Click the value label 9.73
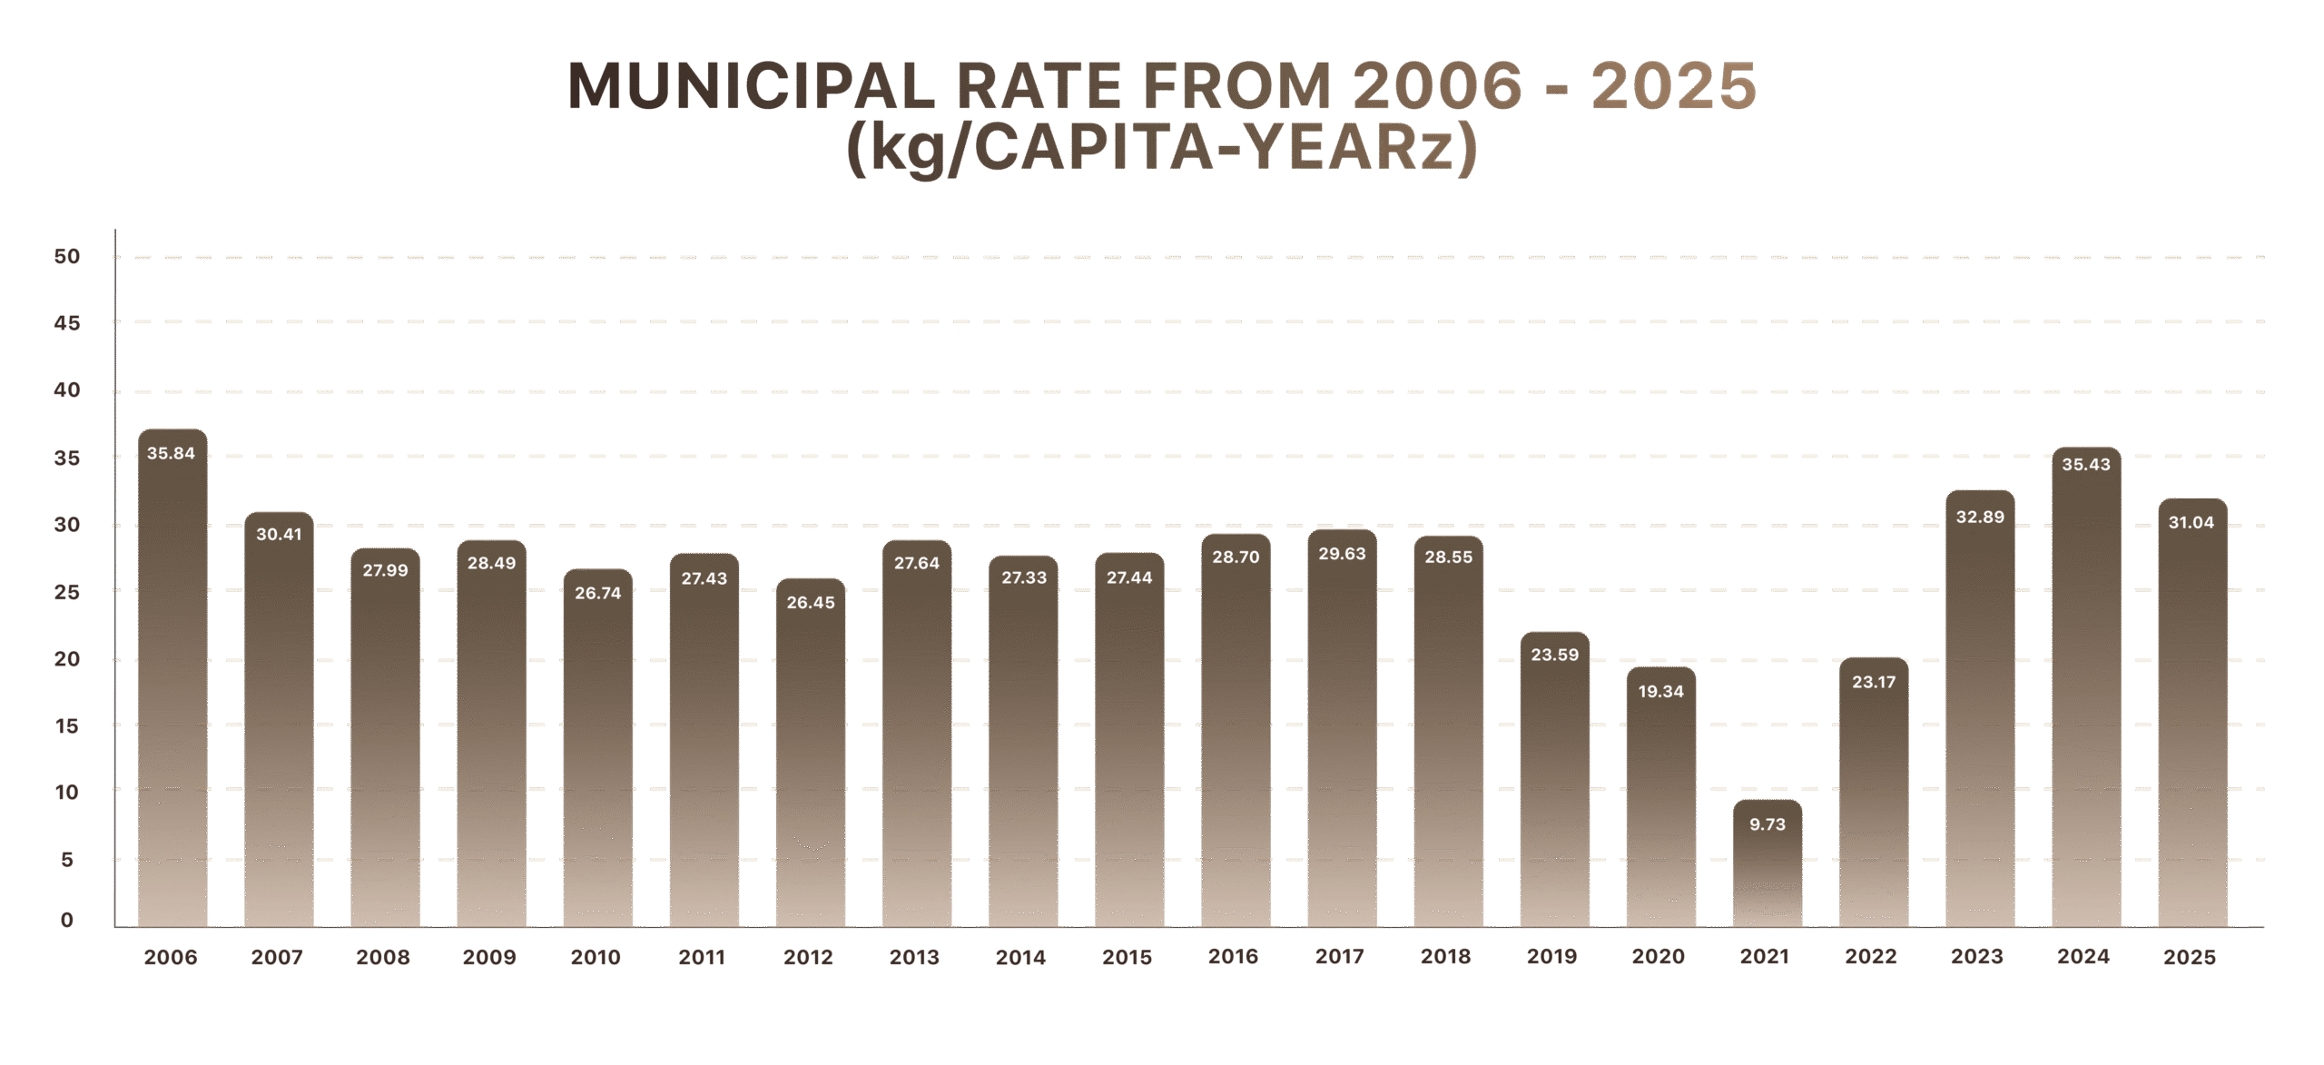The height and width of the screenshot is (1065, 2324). [1767, 824]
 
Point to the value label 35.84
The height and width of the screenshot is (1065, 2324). [171, 453]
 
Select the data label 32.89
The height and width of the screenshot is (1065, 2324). [1980, 518]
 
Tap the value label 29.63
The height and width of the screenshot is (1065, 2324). [1342, 554]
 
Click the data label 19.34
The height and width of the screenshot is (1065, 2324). [1660, 692]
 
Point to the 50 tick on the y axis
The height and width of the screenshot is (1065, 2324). [67, 257]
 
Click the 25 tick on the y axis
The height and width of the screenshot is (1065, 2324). [67, 593]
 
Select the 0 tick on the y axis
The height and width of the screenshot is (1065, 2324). [67, 921]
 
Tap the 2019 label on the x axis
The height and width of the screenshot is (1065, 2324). [1552, 957]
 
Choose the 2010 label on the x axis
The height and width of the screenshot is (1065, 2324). [596, 958]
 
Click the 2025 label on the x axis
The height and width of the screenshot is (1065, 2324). [2190, 958]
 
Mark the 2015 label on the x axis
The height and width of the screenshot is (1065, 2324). [1128, 958]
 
